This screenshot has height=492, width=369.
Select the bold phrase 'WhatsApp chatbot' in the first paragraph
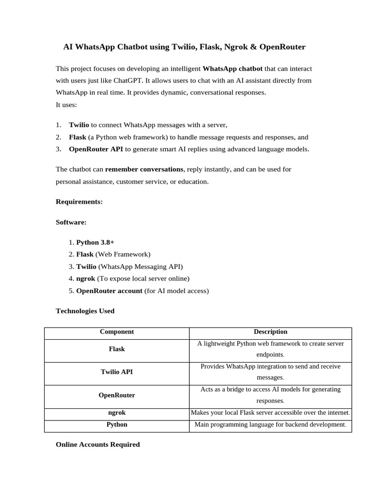(233, 69)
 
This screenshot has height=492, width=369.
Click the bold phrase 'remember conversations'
(144, 169)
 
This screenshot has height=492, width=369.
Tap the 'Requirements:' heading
(79, 202)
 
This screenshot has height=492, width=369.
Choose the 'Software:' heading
(71, 222)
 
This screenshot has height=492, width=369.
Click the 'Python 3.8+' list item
(95, 242)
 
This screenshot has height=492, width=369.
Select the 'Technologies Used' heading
(85, 311)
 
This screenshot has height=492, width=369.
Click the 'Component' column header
(117, 332)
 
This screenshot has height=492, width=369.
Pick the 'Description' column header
(271, 332)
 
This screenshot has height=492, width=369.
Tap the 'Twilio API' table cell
(117, 372)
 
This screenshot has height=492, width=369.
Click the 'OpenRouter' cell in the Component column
(117, 395)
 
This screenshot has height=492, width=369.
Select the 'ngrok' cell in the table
(117, 413)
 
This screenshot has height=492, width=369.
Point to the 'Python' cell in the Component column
(117, 425)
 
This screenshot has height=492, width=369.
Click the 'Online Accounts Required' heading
(98, 444)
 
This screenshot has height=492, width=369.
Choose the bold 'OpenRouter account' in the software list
(109, 291)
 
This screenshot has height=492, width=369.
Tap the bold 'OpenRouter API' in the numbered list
(96, 149)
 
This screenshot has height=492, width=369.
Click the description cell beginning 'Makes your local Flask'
(271, 413)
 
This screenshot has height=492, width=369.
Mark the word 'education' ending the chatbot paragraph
(192, 182)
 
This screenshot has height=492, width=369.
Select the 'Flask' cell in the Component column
(117, 349)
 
